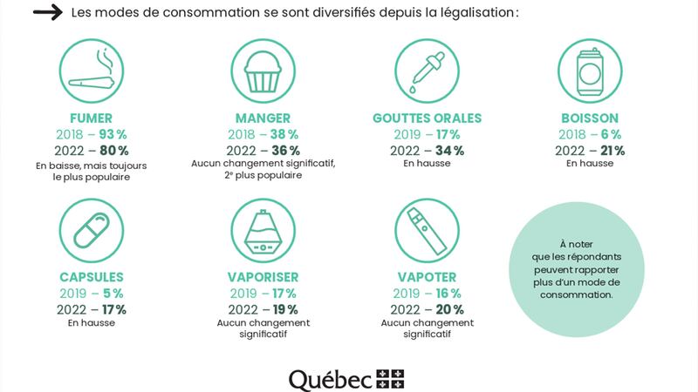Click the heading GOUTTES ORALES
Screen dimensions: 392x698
point(427,118)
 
